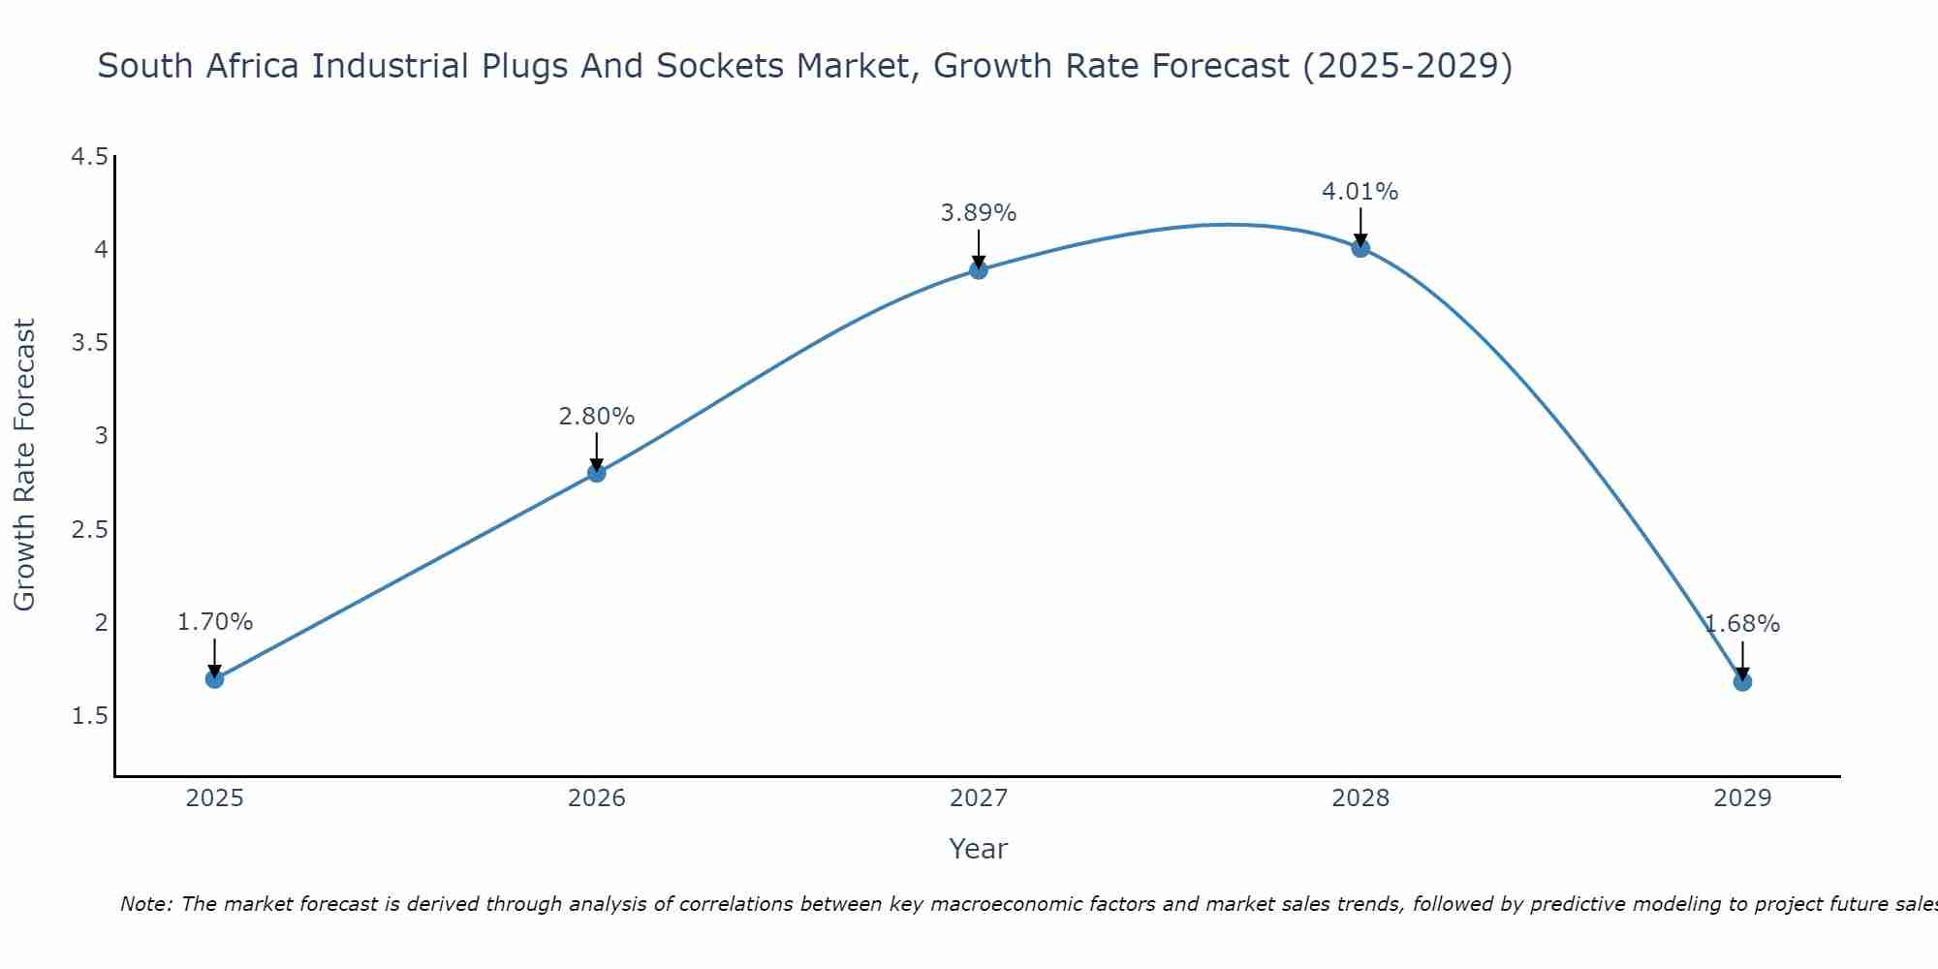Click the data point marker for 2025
coord(215,679)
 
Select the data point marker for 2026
coord(597,473)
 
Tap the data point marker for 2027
coord(979,269)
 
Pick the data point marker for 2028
coord(1360,248)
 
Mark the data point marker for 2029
coord(1742,682)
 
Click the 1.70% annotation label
coord(215,622)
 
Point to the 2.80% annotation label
coord(597,417)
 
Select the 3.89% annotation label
coord(979,213)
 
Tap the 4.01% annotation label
coord(1360,192)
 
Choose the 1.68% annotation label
coord(1742,624)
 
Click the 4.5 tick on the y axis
coord(90,157)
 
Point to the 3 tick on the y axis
coord(101,436)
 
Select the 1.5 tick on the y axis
coord(90,716)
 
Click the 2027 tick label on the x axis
coord(979,798)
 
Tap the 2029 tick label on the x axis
coord(1742,798)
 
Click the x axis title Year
coord(979,849)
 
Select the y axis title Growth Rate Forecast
coord(24,465)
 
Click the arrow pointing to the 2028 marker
coord(1360,227)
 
